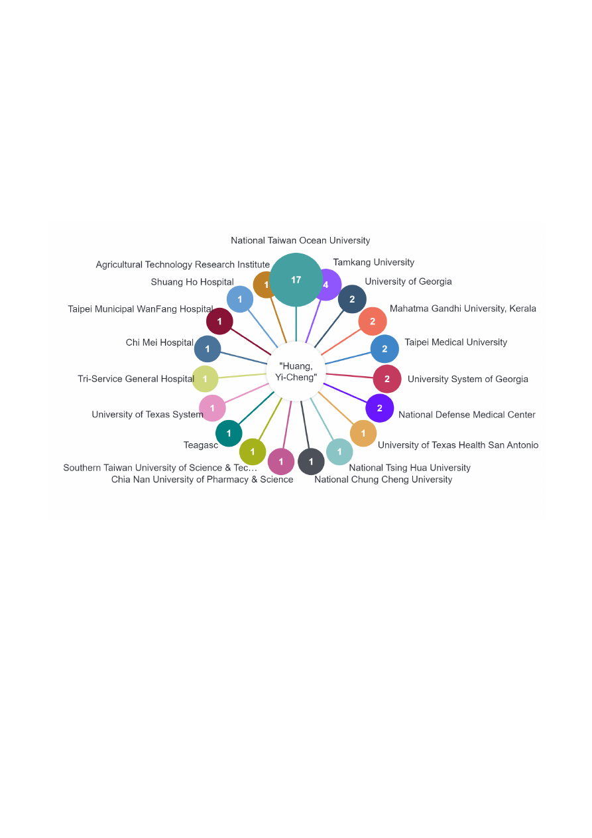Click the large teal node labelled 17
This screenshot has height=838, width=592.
[x=296, y=280]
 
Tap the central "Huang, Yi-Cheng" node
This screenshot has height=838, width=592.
[x=296, y=372]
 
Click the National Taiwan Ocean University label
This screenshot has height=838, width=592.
[x=300, y=241]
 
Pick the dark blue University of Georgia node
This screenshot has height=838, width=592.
[x=352, y=299]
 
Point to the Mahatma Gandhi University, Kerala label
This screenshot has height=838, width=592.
[x=463, y=309]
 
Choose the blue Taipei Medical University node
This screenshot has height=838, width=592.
[x=385, y=349]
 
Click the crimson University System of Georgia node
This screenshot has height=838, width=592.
[x=387, y=379]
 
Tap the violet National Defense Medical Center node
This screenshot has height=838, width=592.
[x=380, y=408]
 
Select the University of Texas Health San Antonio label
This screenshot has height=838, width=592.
[x=457, y=445]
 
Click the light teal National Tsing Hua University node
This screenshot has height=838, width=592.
[x=339, y=452]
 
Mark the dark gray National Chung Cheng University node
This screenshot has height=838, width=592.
[x=311, y=461]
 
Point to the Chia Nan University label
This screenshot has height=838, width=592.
[x=202, y=480]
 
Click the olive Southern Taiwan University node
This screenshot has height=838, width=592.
[x=253, y=452]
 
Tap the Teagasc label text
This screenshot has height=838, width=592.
[x=201, y=445]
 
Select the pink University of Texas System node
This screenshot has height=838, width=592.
[x=212, y=408]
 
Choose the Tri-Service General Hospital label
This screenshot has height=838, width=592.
[x=136, y=379]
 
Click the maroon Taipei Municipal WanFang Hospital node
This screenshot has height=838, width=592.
[x=219, y=321]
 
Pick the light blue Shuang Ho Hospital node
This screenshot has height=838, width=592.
[x=240, y=299]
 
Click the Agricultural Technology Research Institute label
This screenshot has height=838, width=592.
[x=182, y=265]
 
